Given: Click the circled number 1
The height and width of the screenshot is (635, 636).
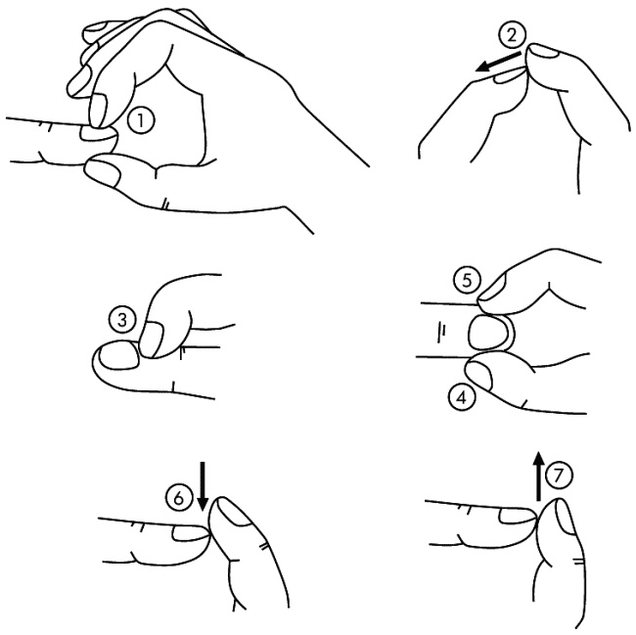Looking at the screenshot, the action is [x=141, y=120].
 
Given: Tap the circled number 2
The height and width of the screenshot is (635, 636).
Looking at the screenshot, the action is [x=513, y=35].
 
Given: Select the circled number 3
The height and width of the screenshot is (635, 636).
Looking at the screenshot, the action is [x=122, y=320].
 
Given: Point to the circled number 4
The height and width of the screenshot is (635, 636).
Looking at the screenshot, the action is [x=462, y=397].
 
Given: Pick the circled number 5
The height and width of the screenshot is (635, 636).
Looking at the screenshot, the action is [x=467, y=281].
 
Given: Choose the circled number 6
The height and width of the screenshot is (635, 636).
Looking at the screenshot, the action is [x=178, y=498].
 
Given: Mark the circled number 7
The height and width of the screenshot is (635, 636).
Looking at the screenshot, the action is [x=559, y=475].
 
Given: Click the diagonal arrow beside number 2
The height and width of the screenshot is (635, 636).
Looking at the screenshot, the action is [x=498, y=62].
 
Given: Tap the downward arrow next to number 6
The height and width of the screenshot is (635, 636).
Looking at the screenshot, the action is [x=203, y=485].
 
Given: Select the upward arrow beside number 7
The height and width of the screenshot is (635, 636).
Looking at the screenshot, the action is [x=539, y=476].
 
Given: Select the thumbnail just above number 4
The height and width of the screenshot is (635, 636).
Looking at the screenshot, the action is [x=479, y=375].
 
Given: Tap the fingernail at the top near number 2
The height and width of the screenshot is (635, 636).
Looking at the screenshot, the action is [x=545, y=51].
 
